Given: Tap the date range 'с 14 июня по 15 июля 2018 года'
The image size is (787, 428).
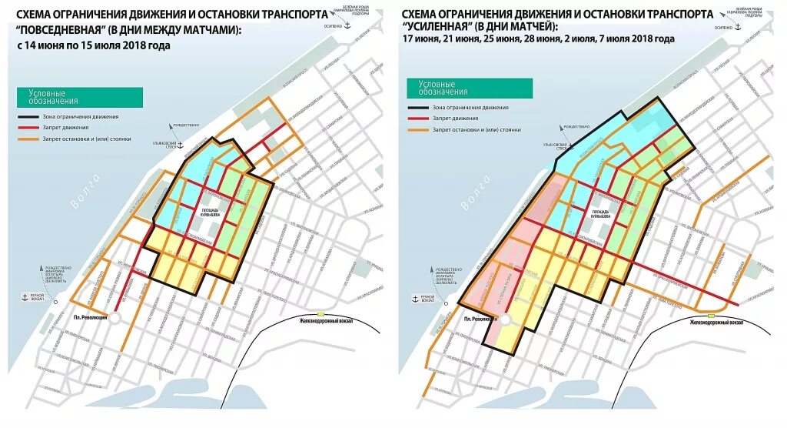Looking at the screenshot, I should [94, 45].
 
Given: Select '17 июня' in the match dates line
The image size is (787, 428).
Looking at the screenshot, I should [420, 38].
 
